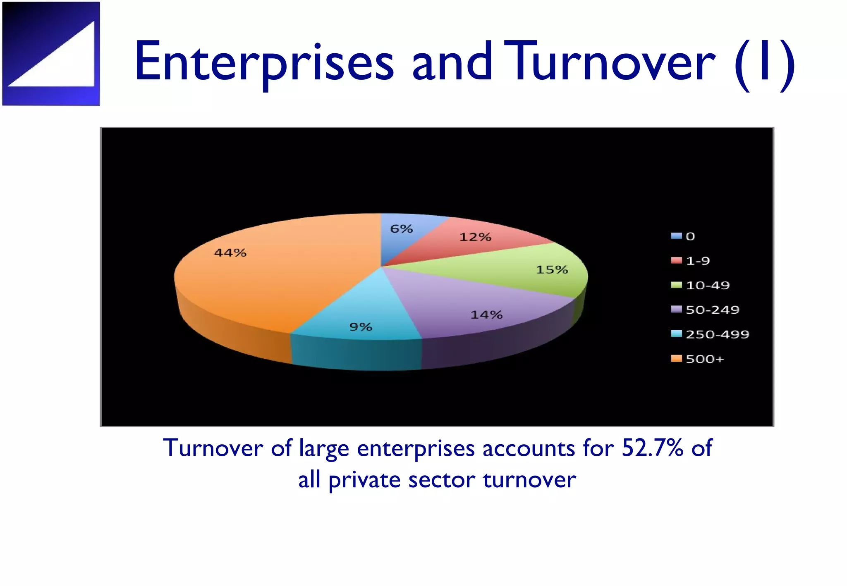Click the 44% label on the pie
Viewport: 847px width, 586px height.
pos(230,253)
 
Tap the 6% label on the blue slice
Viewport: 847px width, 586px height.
pos(402,229)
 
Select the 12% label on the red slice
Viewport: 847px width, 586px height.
pos(475,237)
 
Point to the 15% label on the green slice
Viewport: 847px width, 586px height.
pos(552,270)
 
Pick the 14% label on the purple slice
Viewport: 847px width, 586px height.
pos(486,315)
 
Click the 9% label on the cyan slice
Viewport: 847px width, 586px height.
pos(361,327)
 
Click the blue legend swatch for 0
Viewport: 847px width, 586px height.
pos(676,236)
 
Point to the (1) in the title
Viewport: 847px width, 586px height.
pos(764,64)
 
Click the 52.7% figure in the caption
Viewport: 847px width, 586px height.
pos(652,448)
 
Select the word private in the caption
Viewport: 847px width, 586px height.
pos(364,480)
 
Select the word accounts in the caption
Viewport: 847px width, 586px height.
pos(528,448)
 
